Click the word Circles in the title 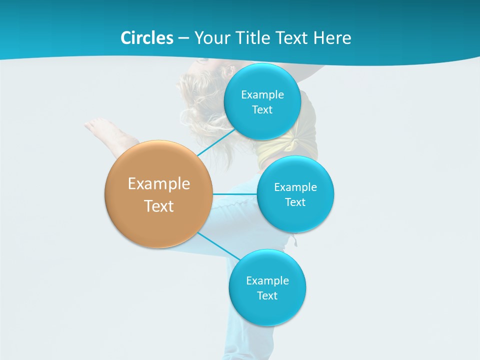(x=146, y=38)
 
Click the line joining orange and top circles (x=216, y=143)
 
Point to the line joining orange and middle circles (x=234, y=193)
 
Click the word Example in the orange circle (x=158, y=183)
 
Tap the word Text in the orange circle (x=158, y=206)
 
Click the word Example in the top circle (x=262, y=94)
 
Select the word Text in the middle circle (x=295, y=202)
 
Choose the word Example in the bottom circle (x=267, y=280)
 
